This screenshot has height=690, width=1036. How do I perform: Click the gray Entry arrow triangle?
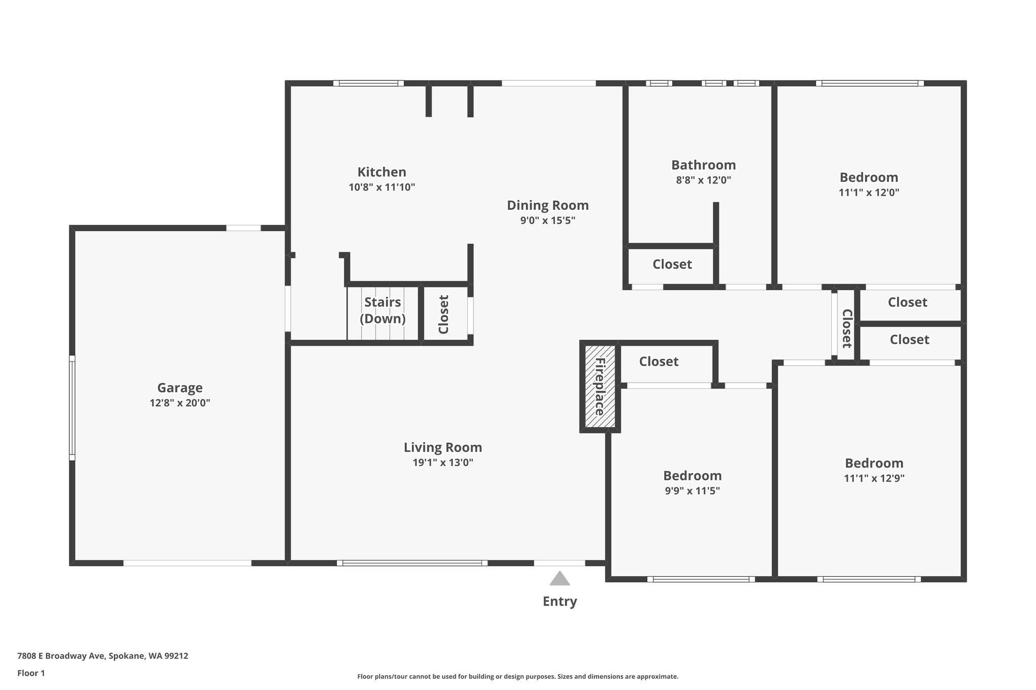(559, 578)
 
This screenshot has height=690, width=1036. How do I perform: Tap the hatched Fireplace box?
(600, 386)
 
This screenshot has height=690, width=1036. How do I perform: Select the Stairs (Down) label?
(382, 310)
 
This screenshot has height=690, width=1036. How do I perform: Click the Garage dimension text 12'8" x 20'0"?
(180, 403)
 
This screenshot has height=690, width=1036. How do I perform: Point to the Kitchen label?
(382, 172)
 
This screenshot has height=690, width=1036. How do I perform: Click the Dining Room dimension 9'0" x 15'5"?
(548, 220)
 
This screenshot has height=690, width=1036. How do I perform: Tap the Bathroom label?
(703, 165)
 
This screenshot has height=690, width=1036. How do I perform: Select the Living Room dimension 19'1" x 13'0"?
(443, 463)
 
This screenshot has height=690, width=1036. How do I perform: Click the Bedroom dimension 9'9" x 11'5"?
(692, 491)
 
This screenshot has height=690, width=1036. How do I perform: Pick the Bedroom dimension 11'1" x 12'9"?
(874, 478)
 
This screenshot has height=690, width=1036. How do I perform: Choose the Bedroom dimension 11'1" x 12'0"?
(869, 193)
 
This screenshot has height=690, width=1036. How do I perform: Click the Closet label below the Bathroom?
(672, 264)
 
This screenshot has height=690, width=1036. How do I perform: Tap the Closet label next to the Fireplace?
(659, 361)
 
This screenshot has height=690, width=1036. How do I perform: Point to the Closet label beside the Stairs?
(444, 314)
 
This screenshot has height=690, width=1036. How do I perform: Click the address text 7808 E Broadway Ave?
(61, 656)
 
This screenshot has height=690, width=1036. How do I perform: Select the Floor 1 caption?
(31, 673)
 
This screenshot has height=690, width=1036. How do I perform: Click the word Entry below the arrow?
(559, 602)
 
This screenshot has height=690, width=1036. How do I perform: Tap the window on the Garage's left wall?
(72, 408)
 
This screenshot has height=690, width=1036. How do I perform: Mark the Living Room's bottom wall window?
(412, 563)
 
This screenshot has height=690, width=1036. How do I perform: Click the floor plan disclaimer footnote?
(517, 676)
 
